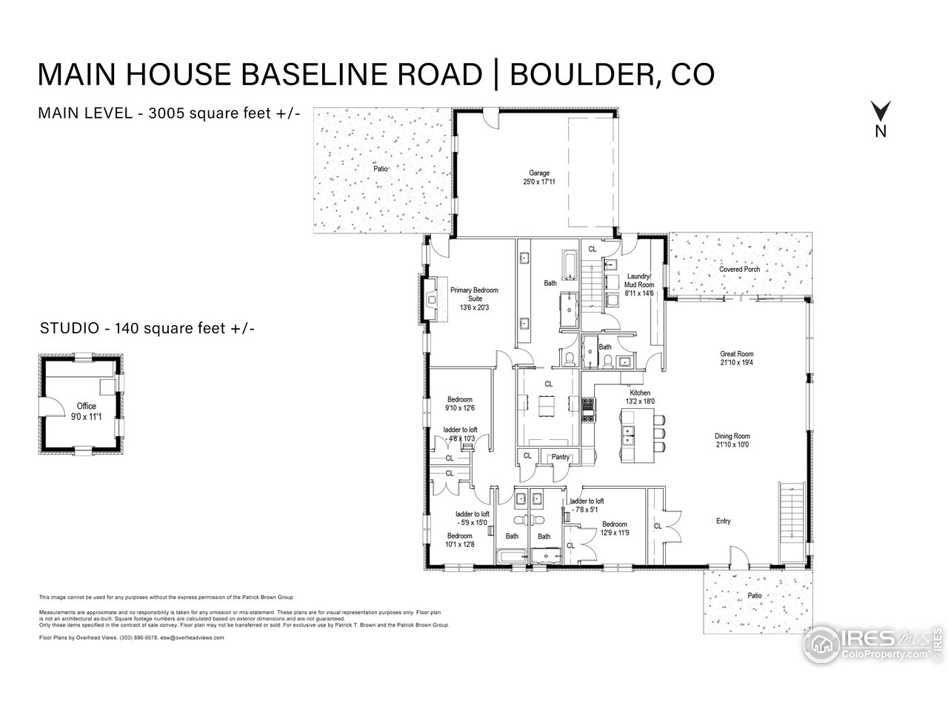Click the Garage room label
click(538, 178)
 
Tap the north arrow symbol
click(881, 113)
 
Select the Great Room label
click(736, 358)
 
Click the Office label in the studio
click(87, 410)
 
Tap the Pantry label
click(561, 457)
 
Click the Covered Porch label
click(739, 270)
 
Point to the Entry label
click(723, 521)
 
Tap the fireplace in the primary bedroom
click(430, 299)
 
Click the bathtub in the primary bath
click(569, 265)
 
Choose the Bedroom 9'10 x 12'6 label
click(459, 404)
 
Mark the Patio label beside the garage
click(381, 168)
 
